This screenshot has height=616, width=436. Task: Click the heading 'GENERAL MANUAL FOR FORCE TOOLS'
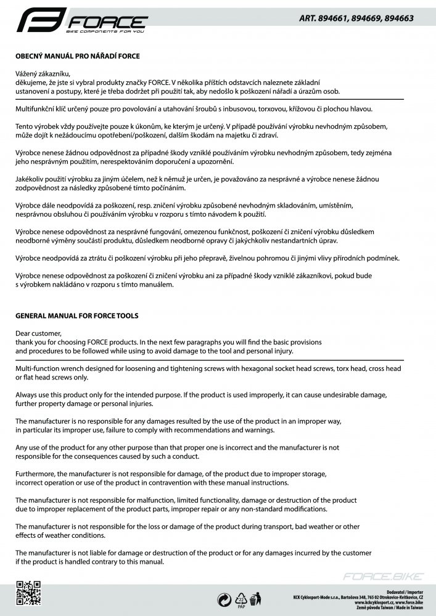[x=77, y=316]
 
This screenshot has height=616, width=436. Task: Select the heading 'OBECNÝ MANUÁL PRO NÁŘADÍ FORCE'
[x=78, y=56]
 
